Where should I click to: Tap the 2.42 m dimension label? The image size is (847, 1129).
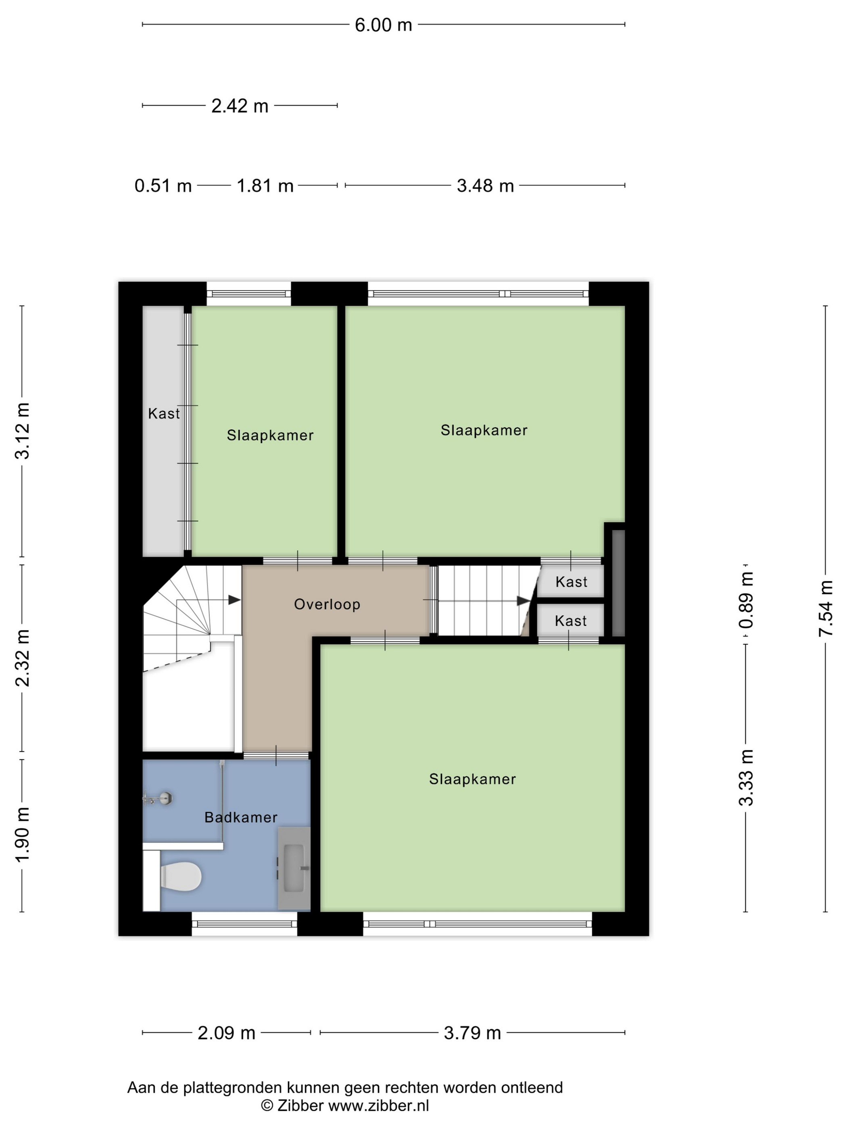click(x=240, y=106)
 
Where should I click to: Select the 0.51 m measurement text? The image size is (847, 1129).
click(x=163, y=185)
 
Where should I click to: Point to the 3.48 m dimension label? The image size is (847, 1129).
click(x=485, y=185)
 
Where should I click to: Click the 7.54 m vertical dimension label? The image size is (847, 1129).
click(x=825, y=608)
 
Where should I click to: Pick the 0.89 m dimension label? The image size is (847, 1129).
click(x=746, y=600)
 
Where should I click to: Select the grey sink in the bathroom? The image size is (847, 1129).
click(x=294, y=868)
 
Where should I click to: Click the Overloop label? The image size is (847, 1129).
click(x=327, y=604)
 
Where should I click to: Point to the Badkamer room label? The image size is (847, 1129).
click(x=241, y=817)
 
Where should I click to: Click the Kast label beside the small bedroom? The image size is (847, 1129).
click(x=164, y=413)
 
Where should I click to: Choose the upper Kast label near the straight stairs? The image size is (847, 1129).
click(x=571, y=581)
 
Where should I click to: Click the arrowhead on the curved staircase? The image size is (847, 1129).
click(x=234, y=600)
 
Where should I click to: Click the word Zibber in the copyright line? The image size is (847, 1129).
click(x=300, y=1106)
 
